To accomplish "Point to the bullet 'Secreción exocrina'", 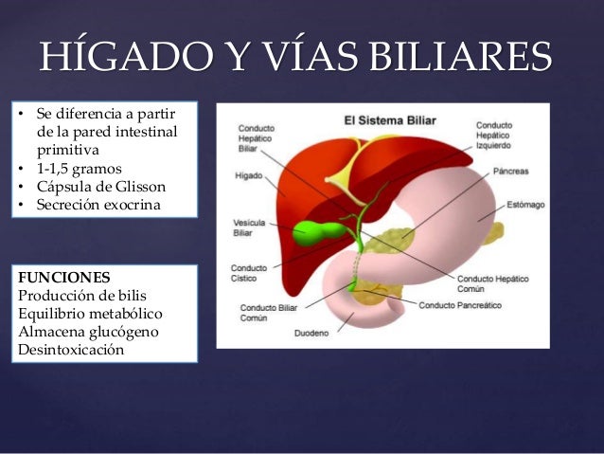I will [98, 205].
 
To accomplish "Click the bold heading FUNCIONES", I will [62, 278].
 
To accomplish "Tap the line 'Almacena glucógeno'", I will [87, 331].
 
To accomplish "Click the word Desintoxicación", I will [70, 349].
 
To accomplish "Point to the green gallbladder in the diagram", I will [313, 230].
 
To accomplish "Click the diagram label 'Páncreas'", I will [510, 172].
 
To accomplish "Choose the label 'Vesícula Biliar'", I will [249, 228].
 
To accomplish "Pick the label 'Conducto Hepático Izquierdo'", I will [521, 136].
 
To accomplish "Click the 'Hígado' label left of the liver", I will [249, 175].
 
